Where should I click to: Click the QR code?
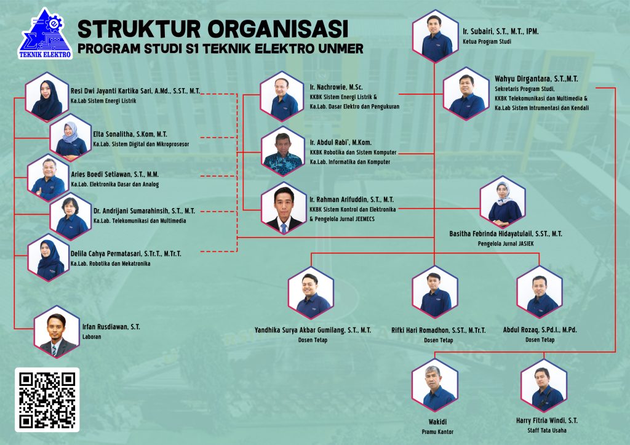point(47,400)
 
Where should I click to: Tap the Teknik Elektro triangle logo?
point(46,34)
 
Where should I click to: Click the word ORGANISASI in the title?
point(278,29)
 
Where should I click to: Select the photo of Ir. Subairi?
point(435,36)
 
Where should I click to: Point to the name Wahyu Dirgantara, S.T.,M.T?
point(536,79)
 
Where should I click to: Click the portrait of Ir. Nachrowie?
point(282,96)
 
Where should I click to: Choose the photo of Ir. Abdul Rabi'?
point(282,151)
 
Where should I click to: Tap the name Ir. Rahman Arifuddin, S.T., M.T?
point(351,199)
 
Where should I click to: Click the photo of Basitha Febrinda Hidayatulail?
point(503,202)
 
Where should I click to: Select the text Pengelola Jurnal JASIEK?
point(506,244)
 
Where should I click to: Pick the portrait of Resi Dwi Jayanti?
point(47,97)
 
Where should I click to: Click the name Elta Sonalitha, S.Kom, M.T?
point(130,134)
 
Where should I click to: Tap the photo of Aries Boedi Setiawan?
point(48,177)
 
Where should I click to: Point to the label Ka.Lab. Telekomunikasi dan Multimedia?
point(140,221)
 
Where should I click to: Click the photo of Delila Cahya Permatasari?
point(49,258)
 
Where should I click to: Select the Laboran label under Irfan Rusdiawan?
point(92,337)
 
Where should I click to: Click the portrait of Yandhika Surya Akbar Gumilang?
point(311,293)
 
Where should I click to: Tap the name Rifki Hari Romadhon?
point(438,330)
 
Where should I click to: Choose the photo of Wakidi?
point(435,385)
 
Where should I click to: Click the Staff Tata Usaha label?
point(547,430)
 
